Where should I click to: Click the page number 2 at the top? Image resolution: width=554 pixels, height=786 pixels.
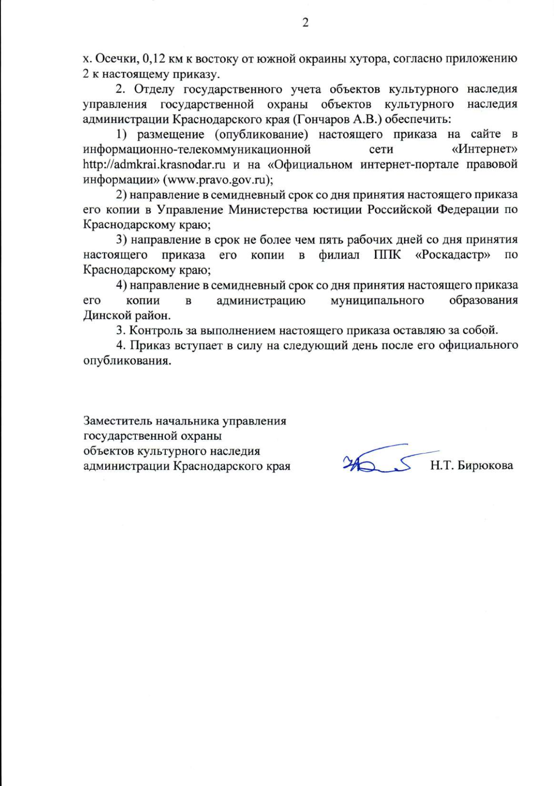pyautogui.click(x=305, y=23)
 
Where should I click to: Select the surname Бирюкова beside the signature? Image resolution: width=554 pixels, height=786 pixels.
pyautogui.click(x=486, y=466)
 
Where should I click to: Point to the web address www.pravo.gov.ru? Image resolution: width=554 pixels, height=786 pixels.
pyautogui.click(x=214, y=180)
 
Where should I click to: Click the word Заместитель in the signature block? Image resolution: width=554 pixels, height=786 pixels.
pyautogui.click(x=118, y=421)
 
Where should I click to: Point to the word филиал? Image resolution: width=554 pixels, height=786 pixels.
pyautogui.click(x=339, y=255)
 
